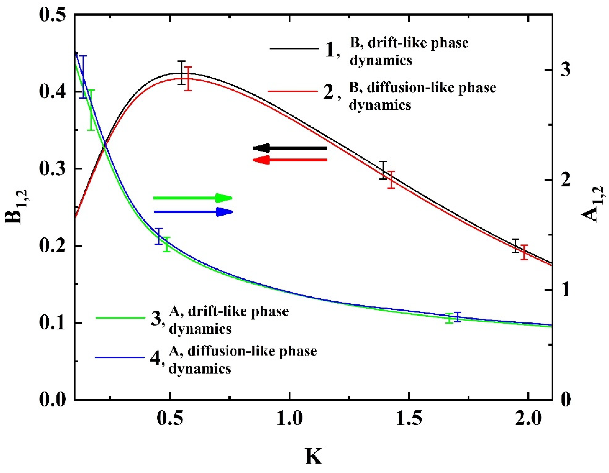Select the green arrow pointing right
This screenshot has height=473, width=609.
(x=193, y=198)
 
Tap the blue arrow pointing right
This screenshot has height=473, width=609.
(x=193, y=212)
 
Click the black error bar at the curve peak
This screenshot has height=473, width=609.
(x=182, y=73)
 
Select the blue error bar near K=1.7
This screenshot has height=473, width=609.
(x=458, y=317)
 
